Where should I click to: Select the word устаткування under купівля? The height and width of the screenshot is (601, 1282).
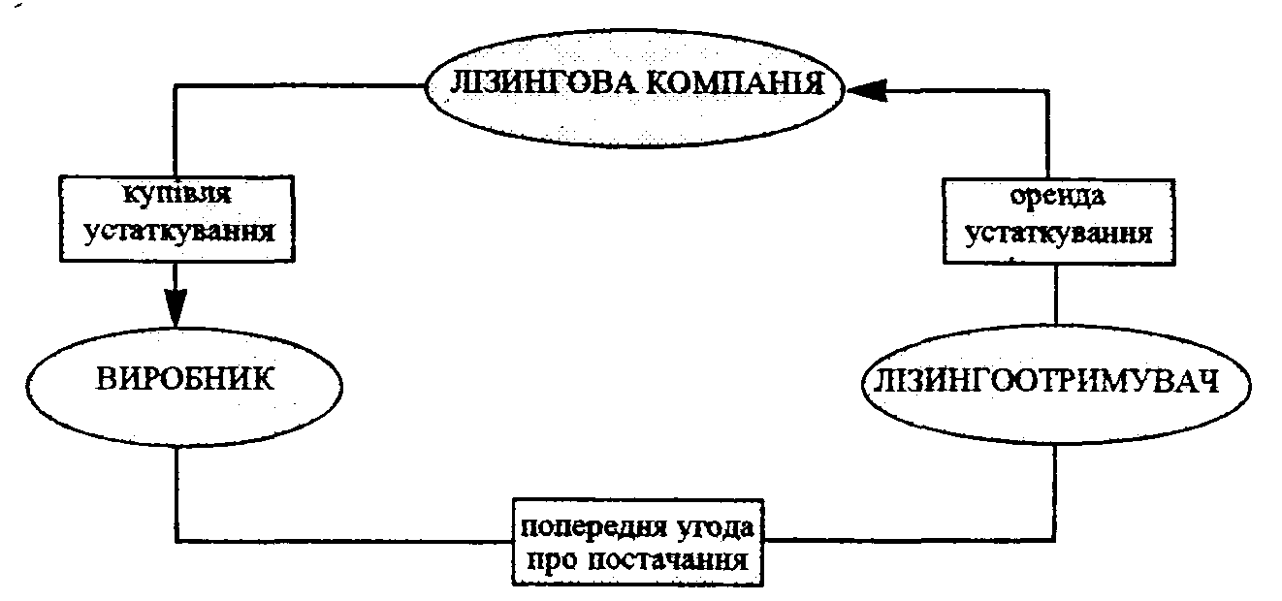point(176,234)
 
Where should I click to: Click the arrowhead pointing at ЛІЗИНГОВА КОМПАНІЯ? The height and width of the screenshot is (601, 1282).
point(869,89)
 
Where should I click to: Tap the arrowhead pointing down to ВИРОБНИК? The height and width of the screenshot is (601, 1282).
point(176,308)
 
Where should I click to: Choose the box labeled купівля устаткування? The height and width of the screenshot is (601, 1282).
point(176,217)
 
